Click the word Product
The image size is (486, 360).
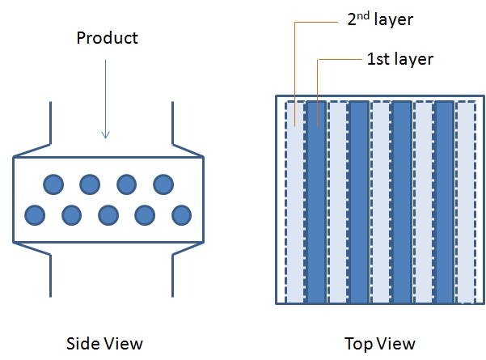click(107, 38)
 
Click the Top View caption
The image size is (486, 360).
click(379, 343)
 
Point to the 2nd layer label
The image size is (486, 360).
click(380, 19)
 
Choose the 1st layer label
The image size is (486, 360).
click(399, 58)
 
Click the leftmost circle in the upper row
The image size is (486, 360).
click(53, 184)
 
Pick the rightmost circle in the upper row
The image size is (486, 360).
click(163, 184)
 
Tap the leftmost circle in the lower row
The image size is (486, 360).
click(35, 215)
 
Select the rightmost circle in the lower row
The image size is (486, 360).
click(182, 215)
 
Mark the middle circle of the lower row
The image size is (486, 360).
click(108, 215)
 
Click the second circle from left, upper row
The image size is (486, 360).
click(90, 184)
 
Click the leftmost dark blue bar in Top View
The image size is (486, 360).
click(317, 202)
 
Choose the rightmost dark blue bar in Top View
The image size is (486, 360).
click(445, 202)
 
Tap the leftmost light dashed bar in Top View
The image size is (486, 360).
click(295, 202)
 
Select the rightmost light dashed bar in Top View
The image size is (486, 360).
click(466, 202)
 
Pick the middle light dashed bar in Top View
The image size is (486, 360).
click(381, 202)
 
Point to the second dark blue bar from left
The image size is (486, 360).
click(359, 202)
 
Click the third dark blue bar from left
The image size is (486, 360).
click(402, 202)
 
